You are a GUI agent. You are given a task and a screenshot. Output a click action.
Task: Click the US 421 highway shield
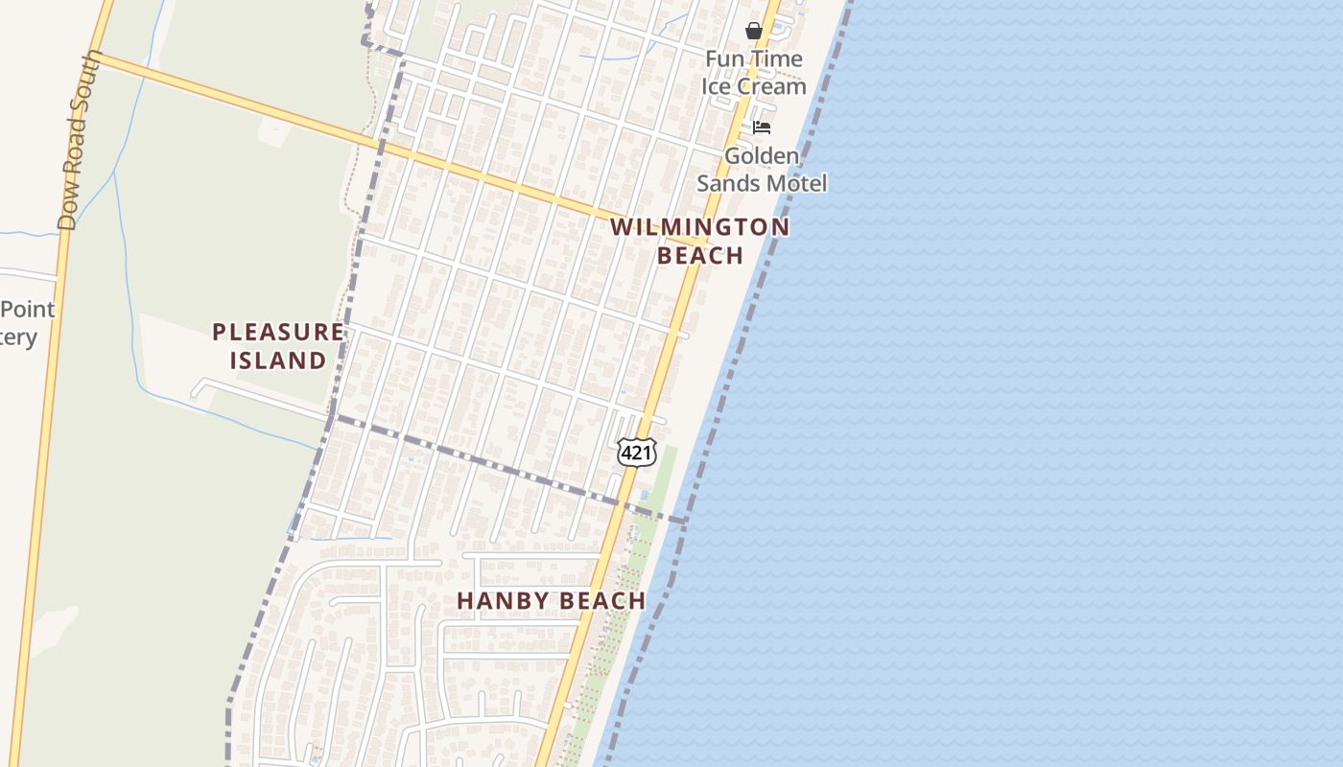point(636,452)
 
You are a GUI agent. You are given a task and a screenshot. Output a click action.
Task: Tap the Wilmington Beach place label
point(700,241)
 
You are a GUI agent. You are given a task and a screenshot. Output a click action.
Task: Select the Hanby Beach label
point(551,601)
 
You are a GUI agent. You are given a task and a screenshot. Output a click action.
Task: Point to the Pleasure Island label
point(277,346)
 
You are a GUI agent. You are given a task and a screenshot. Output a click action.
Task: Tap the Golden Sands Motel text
point(762,169)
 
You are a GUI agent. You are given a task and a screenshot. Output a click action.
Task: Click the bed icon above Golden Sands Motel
point(762,127)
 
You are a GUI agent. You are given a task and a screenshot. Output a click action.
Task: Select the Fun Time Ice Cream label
point(754,72)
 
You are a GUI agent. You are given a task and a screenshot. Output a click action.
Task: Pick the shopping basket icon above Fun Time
point(754,31)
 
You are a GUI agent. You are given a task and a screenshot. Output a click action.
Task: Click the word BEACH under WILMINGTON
point(700,255)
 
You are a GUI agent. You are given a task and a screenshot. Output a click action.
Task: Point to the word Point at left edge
point(29,310)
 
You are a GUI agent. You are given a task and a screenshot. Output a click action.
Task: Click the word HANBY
point(500,601)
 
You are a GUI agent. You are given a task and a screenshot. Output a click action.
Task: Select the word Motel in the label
point(795,183)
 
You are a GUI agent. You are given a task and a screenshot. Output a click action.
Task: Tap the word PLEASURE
point(277,332)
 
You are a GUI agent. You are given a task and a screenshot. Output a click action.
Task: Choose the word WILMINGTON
point(700,227)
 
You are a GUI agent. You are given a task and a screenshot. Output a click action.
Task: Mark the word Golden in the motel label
point(762,155)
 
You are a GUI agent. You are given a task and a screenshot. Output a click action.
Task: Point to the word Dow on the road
point(66,213)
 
